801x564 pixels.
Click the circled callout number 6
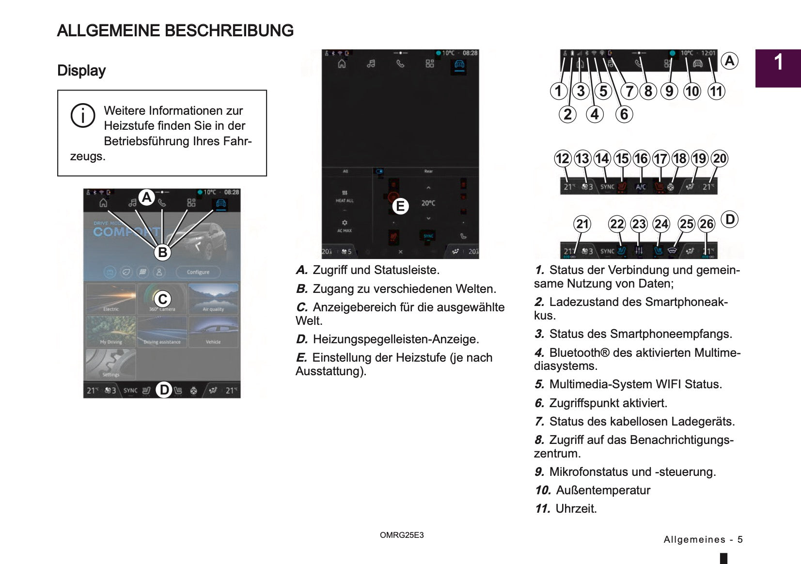(624, 114)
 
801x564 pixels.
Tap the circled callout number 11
(716, 91)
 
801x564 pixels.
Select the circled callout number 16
(641, 158)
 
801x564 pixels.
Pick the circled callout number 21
(582, 224)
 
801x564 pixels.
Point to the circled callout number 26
(707, 224)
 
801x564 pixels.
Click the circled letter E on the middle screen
(400, 206)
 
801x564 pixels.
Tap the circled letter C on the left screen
(163, 299)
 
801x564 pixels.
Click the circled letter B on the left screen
(163, 252)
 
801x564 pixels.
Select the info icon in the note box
(83, 116)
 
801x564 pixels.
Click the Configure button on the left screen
(198, 272)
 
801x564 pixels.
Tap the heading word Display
(81, 71)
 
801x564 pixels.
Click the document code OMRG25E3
(402, 535)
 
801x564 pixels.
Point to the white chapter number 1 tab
(778, 63)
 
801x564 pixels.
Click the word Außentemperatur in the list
(603, 490)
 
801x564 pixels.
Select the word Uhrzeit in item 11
(576, 509)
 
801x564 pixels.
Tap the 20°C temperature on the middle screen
(428, 203)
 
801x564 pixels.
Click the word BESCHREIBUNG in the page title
(229, 31)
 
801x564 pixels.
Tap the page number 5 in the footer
(740, 539)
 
